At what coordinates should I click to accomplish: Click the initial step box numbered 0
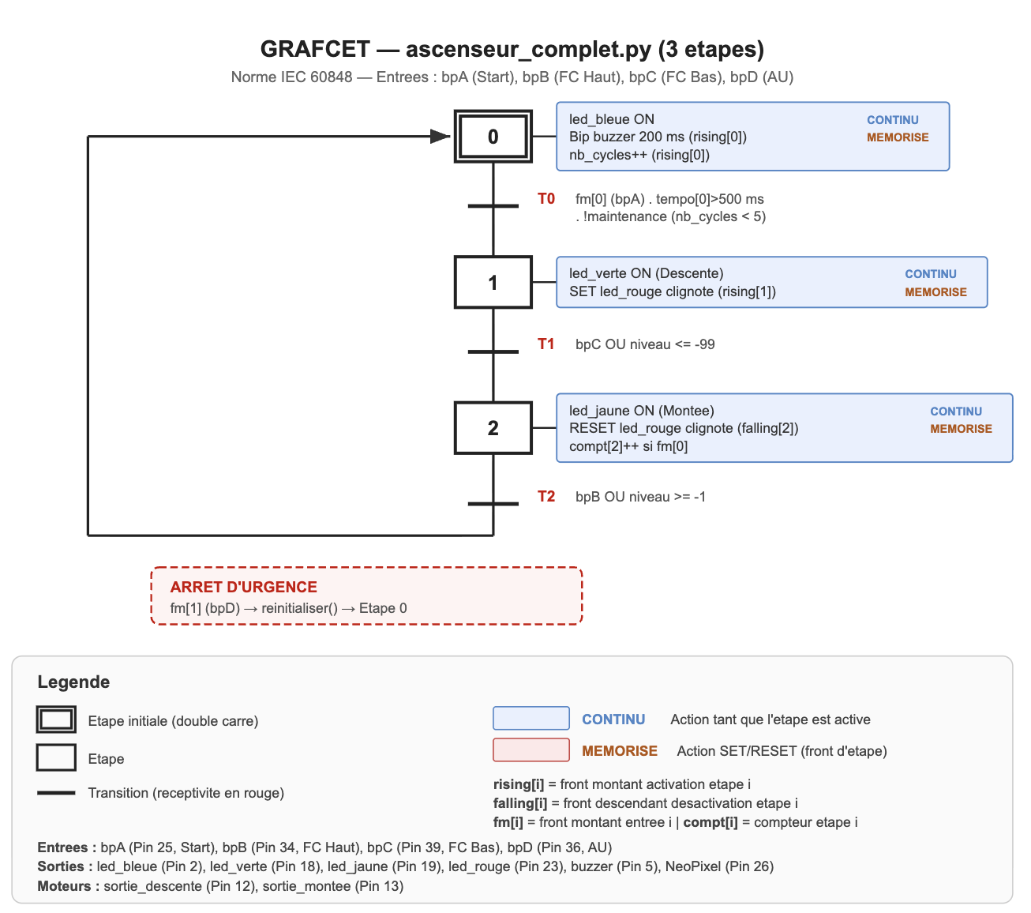click(x=493, y=137)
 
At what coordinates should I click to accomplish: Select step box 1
click(x=493, y=283)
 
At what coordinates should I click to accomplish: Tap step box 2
click(x=493, y=428)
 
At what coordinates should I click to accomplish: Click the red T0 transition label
click(x=546, y=199)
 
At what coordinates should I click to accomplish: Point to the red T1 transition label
click(x=546, y=344)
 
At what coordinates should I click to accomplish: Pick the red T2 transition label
click(x=546, y=497)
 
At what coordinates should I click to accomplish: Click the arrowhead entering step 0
click(x=440, y=137)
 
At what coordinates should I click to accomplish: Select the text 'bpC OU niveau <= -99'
click(x=645, y=344)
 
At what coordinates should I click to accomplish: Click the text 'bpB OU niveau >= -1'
click(x=640, y=497)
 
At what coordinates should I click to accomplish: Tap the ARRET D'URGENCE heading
click(x=243, y=587)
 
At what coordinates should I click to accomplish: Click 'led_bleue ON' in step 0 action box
click(x=612, y=119)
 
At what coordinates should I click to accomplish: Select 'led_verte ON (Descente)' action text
click(x=646, y=273)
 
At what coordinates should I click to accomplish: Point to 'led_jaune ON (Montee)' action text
click(x=641, y=411)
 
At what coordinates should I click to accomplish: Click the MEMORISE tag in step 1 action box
click(x=935, y=292)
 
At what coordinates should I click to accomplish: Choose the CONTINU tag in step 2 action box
click(x=956, y=411)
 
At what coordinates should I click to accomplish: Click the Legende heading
click(x=73, y=682)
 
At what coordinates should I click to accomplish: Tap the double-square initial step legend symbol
click(x=56, y=720)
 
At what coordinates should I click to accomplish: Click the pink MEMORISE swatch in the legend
click(x=530, y=750)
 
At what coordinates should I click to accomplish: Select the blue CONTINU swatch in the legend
click(x=530, y=719)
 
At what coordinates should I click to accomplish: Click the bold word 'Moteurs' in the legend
click(x=68, y=886)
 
